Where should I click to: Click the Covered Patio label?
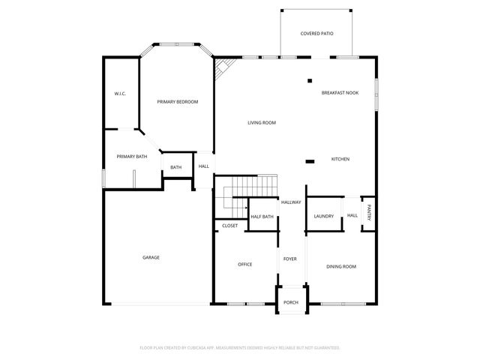pos(316,34)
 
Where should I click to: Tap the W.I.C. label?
pos(119,94)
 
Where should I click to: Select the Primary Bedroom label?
pos(177,101)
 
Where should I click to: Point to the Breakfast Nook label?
pos(340,92)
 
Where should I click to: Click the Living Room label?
pos(262,122)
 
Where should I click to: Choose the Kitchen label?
pos(340,159)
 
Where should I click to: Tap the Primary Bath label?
pos(131,156)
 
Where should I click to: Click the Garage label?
pos(151,257)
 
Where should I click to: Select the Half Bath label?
pos(262,217)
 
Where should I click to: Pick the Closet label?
pos(230,226)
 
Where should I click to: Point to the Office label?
pos(244,264)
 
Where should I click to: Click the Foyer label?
pos(289,259)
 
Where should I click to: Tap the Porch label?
pos(290,302)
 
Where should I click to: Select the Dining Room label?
pos(340,266)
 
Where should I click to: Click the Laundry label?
pos(324,216)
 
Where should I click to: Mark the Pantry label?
pos(369,213)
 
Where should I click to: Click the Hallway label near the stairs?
pos(291,202)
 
